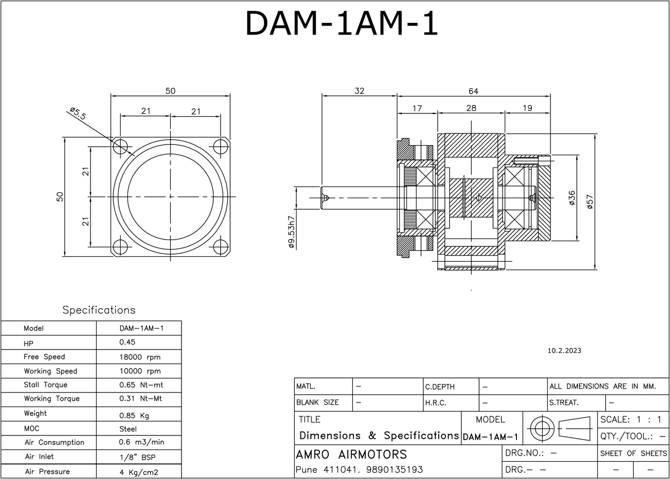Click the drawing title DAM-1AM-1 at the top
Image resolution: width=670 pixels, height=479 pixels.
341,23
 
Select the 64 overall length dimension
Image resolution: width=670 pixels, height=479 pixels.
473,91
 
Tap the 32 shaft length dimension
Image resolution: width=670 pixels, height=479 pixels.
359,91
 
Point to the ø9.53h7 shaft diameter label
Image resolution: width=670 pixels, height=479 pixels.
291,231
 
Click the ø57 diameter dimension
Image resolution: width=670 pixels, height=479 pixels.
590,201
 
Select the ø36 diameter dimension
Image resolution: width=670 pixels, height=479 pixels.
571,199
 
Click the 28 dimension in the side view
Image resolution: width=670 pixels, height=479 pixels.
471,108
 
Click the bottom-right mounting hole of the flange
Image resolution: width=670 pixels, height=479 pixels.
219,247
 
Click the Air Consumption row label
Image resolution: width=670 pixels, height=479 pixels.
54,443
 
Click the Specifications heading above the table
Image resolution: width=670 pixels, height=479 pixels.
99,310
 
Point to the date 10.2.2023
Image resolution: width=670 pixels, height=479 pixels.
565,351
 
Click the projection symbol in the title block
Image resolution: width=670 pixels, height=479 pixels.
559,428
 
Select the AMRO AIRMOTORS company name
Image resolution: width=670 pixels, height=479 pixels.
351,454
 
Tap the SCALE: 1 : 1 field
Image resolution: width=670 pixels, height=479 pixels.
631,419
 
